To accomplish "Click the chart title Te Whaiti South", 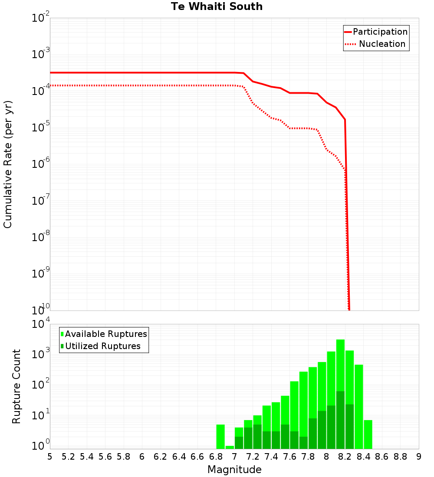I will [217, 7].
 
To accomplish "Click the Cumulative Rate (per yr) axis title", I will [8, 164].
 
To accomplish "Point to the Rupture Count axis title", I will [16, 386].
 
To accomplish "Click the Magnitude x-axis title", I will [234, 470].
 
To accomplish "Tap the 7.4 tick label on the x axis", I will [271, 457].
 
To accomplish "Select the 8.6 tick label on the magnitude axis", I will [382, 457].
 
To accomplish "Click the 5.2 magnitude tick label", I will [68, 457].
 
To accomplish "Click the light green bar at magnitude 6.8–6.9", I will [220, 436].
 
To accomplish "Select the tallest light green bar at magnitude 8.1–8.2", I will [340, 364].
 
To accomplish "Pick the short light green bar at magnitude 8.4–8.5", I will [368, 434].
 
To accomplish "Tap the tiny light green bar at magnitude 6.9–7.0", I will [230, 447].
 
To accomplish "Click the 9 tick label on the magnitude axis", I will [418, 457].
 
